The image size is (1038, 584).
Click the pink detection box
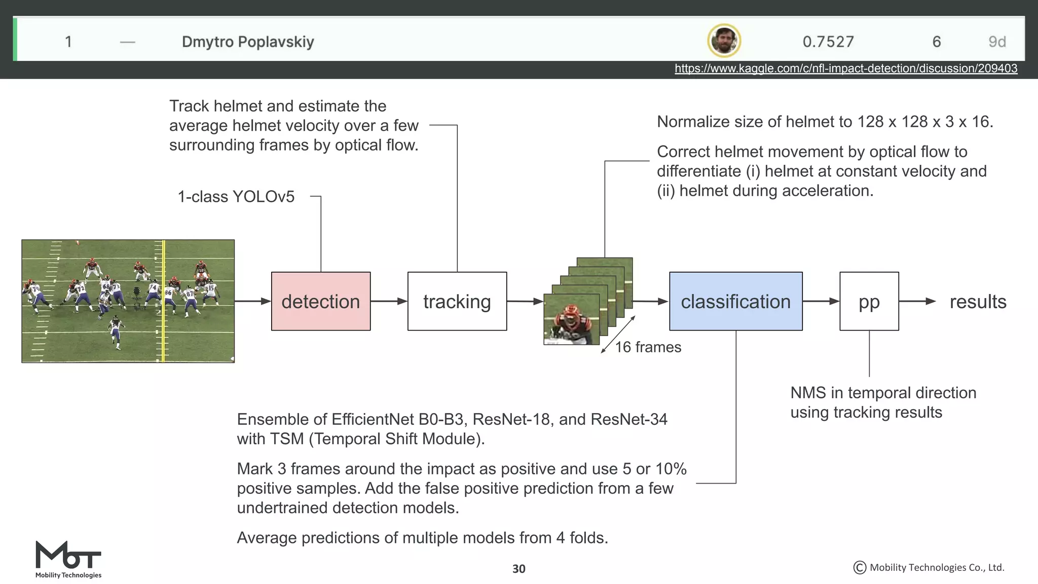320,301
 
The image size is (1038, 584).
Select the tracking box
457,301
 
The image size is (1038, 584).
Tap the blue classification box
735,301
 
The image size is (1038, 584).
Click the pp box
869,301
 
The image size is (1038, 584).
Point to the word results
978,302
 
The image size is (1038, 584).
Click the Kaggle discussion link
845,68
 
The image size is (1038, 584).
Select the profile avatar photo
724,41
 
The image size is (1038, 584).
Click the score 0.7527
828,42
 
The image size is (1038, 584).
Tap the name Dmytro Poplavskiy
248,42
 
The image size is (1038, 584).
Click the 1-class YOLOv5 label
236,197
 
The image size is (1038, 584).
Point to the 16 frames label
648,347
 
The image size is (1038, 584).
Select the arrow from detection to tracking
389,301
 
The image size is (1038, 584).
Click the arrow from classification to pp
821,301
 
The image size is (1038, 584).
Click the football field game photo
128,301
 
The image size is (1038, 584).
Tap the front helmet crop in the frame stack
571,319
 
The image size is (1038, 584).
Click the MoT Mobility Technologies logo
68,559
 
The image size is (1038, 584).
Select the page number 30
518,569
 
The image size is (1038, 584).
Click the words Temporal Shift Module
396,439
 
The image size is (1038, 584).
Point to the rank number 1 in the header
68,42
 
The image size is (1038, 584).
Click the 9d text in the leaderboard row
996,42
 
